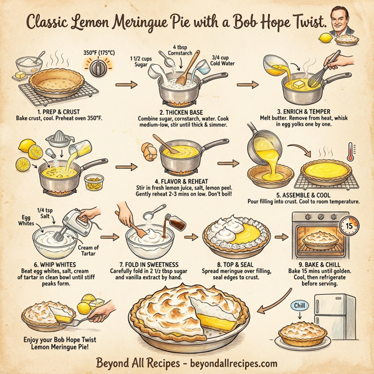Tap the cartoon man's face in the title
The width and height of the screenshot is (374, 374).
346,21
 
